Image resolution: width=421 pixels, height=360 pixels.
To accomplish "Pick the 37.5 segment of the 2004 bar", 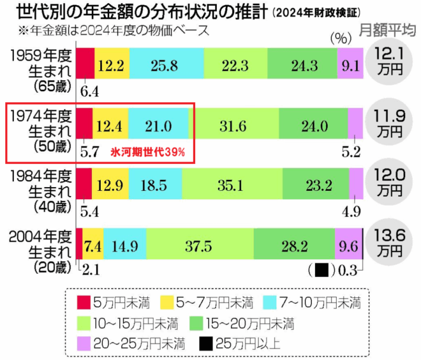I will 199,246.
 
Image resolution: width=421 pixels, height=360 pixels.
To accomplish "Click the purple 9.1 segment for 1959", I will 350,64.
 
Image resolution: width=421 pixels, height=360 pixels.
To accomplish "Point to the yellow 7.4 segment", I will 93,246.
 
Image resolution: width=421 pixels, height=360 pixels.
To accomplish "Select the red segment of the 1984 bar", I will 84,185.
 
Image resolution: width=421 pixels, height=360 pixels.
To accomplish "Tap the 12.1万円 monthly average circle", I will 389,59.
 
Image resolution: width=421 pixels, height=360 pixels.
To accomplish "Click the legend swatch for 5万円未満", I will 84,301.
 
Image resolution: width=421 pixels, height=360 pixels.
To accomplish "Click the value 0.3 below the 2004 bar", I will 347,269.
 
